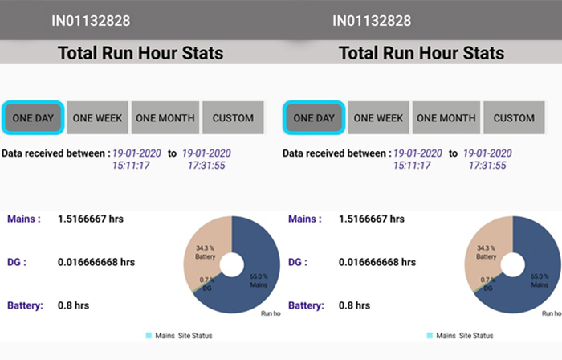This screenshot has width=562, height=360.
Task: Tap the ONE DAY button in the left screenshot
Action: pyautogui.click(x=33, y=117)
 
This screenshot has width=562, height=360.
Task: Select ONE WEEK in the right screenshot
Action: pyautogui.click(x=378, y=117)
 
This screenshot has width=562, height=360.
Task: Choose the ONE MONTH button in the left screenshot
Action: pyautogui.click(x=165, y=117)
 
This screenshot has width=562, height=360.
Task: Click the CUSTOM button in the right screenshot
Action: pyautogui.click(x=514, y=117)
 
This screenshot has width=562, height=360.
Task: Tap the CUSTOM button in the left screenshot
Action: pyautogui.click(x=233, y=117)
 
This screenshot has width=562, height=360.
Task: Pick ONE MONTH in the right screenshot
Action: pyautogui.click(x=446, y=117)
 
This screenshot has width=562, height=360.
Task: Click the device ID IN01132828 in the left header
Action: pyautogui.click(x=91, y=21)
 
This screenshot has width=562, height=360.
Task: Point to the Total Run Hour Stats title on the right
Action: pyautogui.click(x=421, y=53)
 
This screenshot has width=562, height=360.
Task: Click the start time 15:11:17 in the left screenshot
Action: pyautogui.click(x=131, y=166)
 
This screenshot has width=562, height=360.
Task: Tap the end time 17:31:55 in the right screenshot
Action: pyautogui.click(x=487, y=166)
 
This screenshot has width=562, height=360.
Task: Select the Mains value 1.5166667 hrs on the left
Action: pyautogui.click(x=91, y=219)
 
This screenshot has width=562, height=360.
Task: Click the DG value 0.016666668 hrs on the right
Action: pyautogui.click(x=377, y=262)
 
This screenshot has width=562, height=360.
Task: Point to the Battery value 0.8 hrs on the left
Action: pyautogui.click(x=74, y=305)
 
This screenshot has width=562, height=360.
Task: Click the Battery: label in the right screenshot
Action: pyautogui.click(x=306, y=305)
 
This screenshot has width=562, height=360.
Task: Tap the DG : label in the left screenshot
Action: pyautogui.click(x=17, y=262)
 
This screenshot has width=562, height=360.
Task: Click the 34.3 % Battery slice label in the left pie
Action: pyautogui.click(x=206, y=252)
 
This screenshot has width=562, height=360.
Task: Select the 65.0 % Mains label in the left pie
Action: pyautogui.click(x=259, y=280)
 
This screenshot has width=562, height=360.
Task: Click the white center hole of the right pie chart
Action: pyautogui.click(x=513, y=265)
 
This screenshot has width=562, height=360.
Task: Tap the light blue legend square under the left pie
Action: pyautogui.click(x=149, y=336)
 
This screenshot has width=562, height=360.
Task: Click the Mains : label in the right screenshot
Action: pyautogui.click(x=305, y=219)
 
